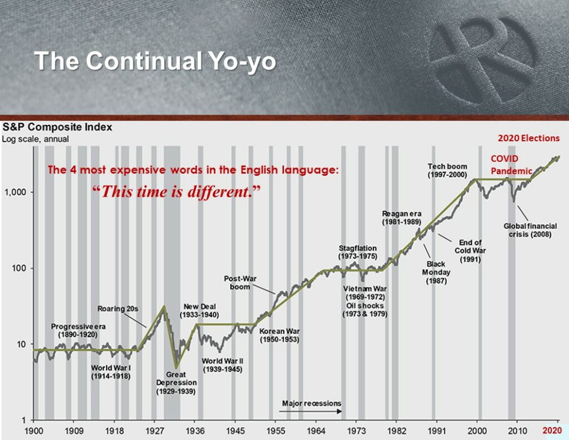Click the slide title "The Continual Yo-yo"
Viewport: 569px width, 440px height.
(155, 61)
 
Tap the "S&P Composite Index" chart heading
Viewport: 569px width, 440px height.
(57, 127)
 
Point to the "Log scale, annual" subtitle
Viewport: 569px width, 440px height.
(35, 139)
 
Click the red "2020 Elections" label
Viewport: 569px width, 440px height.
(529, 138)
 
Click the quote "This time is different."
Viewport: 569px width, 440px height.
(177, 191)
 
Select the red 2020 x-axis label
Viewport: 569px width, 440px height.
(552, 431)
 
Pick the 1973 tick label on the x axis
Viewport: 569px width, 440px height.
(356, 431)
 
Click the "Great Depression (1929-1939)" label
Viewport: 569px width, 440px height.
(176, 383)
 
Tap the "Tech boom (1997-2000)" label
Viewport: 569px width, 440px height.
(447, 170)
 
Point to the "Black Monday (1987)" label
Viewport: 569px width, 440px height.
(436, 273)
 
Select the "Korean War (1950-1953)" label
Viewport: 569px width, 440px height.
(279, 335)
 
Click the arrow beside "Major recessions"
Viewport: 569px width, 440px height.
(310, 411)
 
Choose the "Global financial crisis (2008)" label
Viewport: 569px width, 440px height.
(530, 230)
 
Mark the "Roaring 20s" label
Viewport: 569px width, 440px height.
(118, 309)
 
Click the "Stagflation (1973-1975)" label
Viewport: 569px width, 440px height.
(358, 252)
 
